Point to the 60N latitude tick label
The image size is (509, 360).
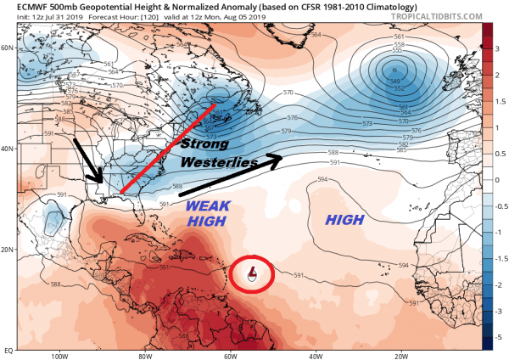click(x=8, y=48)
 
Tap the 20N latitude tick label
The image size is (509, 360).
click(x=8, y=250)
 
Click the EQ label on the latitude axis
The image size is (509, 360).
click(x=8, y=349)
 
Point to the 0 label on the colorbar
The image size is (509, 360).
click(x=499, y=179)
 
